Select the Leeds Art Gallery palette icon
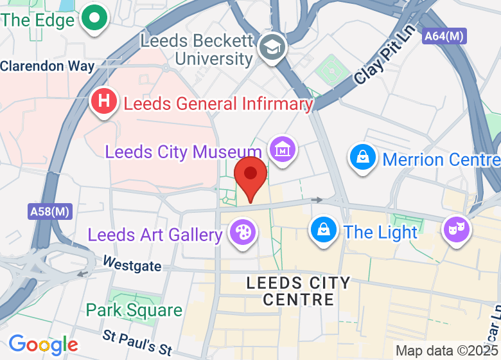click(x=242, y=232)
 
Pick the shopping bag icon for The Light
click(x=324, y=230)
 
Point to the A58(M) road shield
click(x=50, y=211)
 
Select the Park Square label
click(x=134, y=310)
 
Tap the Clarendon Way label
click(x=48, y=66)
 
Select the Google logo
click(x=43, y=345)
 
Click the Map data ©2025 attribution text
click(x=447, y=351)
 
